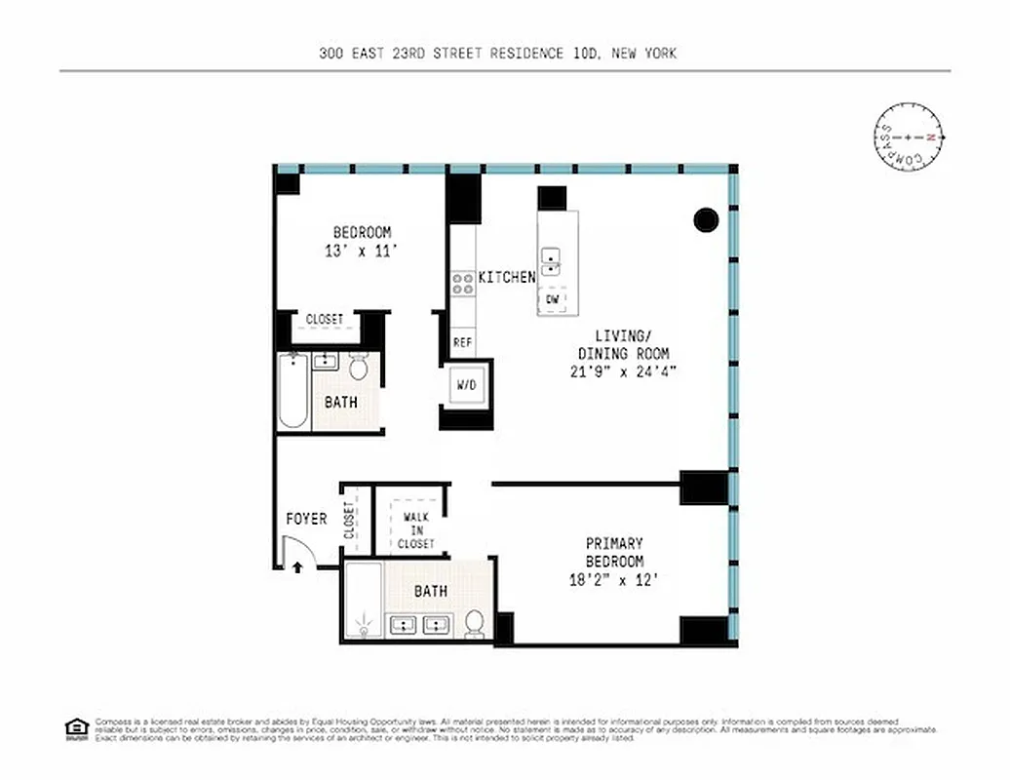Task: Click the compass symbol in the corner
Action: [908, 137]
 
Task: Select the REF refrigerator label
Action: [462, 343]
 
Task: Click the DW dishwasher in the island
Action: [552, 299]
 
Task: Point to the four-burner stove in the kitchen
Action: [462, 284]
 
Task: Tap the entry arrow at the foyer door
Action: [297, 565]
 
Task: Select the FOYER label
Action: [306, 519]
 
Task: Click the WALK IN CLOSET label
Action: [415, 530]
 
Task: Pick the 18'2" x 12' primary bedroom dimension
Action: [613, 579]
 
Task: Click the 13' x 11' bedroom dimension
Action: [362, 251]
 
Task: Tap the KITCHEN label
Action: [506, 277]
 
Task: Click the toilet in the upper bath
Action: [358, 368]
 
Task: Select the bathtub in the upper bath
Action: [293, 391]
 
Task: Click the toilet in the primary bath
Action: [475, 624]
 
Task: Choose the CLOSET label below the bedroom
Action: [325, 319]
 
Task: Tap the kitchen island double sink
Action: [552, 260]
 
